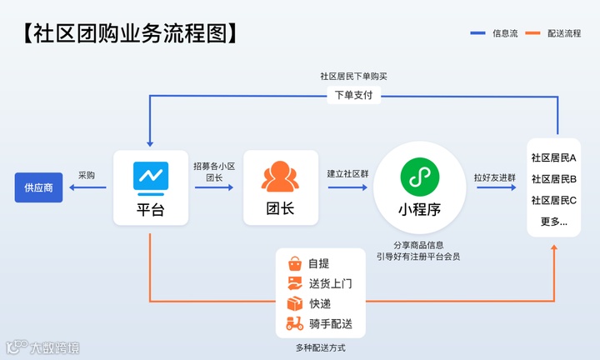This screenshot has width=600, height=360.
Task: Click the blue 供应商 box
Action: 38,187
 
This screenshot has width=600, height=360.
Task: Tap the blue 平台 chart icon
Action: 151,176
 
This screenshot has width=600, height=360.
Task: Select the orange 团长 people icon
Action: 280,176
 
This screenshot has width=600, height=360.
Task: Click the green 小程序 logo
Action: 417,176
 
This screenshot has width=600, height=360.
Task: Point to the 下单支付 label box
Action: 353,95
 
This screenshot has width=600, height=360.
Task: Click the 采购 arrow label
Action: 87,175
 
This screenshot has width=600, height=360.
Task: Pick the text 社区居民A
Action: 553,157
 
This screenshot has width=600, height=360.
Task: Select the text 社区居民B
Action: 553,179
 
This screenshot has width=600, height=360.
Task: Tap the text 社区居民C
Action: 553,201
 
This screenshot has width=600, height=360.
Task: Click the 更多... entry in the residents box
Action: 553,222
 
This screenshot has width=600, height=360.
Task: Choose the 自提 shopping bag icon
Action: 294,263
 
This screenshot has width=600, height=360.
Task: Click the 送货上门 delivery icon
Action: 294,283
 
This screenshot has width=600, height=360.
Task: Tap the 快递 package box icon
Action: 294,303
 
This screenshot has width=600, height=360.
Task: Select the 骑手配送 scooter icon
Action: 294,324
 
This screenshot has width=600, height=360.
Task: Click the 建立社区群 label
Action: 347,175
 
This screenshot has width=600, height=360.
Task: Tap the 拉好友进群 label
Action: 495,177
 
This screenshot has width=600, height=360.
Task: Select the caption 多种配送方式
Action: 321,347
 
